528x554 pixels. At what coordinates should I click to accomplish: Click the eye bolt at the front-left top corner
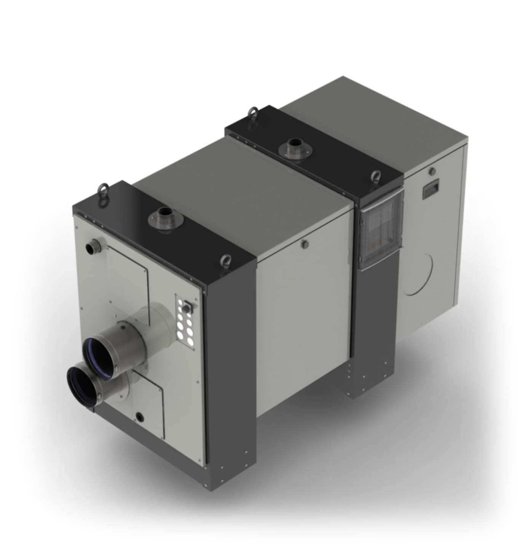tap(102, 190)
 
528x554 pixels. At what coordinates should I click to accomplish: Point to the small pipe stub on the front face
tap(91, 247)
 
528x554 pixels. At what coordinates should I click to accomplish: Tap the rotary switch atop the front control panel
tap(188, 305)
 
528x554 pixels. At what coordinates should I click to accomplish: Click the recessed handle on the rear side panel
tap(431, 190)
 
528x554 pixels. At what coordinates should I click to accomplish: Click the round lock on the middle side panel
tap(303, 244)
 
